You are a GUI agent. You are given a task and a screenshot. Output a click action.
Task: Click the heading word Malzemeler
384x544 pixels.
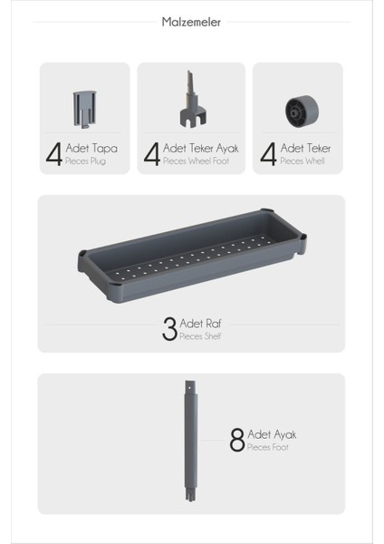click(191, 23)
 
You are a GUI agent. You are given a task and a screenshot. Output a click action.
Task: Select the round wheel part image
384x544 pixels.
click(301, 111)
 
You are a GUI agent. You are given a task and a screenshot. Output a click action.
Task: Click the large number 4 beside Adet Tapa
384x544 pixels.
click(53, 153)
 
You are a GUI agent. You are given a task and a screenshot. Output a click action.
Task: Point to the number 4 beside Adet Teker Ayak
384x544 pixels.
click(151, 153)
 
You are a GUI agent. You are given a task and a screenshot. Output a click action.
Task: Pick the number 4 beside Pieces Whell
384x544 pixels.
click(268, 153)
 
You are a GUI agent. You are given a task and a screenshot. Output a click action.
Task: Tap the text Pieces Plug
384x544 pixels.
click(86, 160)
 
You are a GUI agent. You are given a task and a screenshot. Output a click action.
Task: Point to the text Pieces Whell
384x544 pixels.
click(302, 160)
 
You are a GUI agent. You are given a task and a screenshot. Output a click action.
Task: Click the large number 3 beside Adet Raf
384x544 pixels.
click(169, 329)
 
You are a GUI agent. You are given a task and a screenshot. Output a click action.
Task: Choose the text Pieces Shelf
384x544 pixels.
click(200, 336)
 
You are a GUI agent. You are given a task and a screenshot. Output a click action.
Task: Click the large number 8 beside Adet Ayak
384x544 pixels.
click(237, 441)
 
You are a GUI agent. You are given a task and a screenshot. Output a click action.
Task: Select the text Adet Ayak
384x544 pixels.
click(271, 434)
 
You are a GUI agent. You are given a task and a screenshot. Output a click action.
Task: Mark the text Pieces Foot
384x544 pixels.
click(267, 447)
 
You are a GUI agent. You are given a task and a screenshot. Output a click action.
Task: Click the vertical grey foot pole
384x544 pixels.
click(190, 444)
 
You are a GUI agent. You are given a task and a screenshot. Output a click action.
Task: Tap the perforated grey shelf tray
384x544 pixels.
click(191, 258)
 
